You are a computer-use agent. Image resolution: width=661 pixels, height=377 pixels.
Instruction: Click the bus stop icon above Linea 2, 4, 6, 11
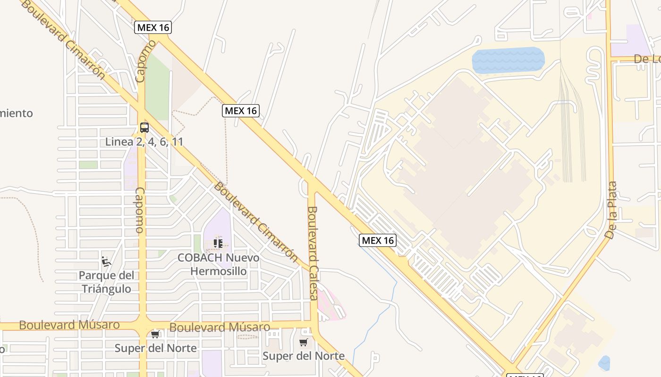coord(144,127)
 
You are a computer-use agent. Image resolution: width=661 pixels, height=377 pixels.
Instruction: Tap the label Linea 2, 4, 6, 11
coord(144,142)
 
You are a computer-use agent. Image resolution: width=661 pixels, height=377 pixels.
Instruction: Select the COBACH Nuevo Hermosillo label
coord(218,264)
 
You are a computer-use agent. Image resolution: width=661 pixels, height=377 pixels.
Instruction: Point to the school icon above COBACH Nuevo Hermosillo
coord(218,244)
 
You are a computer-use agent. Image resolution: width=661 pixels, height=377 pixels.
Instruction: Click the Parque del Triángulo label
coord(106,282)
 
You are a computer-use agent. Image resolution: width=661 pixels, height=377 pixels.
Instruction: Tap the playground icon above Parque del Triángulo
coord(106,261)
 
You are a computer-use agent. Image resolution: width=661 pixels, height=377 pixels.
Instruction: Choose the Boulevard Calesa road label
coord(313,253)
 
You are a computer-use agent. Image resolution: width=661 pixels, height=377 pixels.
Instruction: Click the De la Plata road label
coord(611,210)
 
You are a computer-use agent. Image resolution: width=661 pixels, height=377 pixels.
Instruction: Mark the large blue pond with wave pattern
coord(508,59)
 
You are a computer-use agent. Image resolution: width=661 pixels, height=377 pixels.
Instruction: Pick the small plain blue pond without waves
coord(604,363)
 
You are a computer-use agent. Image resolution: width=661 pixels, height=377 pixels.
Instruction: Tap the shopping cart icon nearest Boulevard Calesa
coord(303,343)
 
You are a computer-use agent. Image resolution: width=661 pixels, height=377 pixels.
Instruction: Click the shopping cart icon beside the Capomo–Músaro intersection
coord(155,335)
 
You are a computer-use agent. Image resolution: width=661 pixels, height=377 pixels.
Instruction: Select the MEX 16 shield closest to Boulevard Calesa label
coord(377,240)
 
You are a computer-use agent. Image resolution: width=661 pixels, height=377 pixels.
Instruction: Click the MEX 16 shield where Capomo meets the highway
coord(153,27)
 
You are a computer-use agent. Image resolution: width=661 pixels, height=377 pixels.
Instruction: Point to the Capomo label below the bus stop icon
coord(140,210)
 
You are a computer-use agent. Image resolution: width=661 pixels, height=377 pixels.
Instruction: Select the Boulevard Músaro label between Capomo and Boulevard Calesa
coord(220,327)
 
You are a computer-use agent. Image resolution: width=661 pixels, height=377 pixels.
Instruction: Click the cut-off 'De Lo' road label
coord(647,59)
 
